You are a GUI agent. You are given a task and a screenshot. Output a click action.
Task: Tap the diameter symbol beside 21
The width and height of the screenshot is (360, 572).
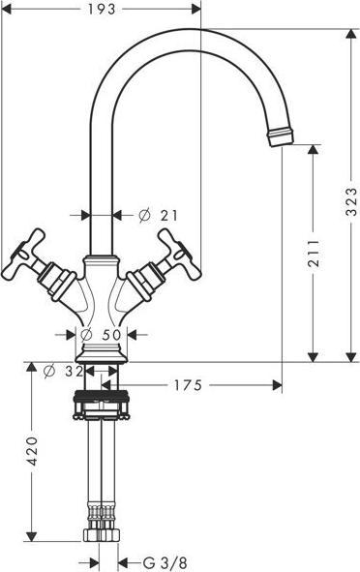tap(143, 215)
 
